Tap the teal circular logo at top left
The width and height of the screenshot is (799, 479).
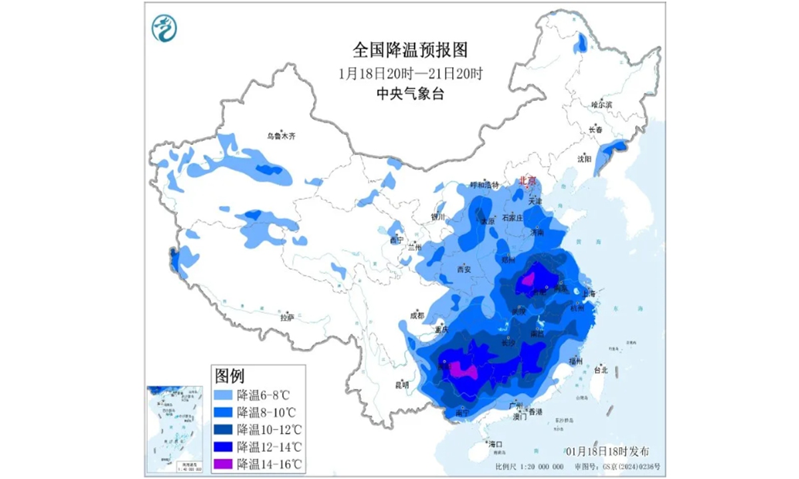click(164, 28)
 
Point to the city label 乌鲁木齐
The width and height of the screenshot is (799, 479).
click(281, 136)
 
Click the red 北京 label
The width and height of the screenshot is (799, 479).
click(527, 180)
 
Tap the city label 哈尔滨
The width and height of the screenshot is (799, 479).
click(601, 105)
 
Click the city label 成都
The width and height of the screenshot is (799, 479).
click(417, 315)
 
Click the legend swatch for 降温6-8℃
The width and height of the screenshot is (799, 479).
click(224, 395)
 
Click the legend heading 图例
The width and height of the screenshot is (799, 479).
click(228, 377)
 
